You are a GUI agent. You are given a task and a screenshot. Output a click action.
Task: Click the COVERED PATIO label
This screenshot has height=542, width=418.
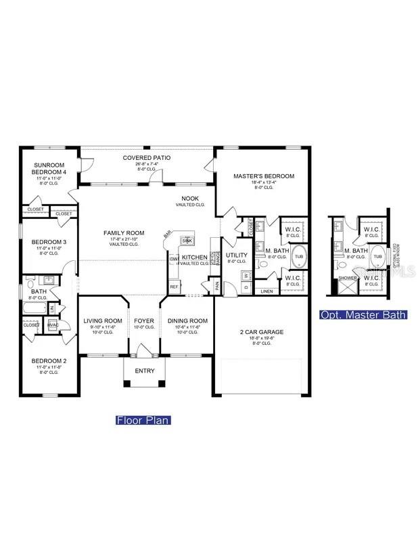147,158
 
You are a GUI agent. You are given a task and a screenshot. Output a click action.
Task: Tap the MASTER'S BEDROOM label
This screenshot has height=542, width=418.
264,176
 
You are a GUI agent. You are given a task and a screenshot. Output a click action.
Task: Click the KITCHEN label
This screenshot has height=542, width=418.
194,257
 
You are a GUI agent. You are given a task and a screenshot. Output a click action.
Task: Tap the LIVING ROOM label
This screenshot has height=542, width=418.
103,321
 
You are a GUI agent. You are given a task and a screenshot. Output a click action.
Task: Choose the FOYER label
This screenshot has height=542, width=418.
143,321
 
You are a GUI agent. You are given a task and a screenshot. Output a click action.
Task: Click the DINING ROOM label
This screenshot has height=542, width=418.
187,321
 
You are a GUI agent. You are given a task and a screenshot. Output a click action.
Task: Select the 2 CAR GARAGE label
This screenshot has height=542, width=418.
261,332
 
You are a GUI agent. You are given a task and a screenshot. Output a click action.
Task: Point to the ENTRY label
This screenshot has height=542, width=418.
144,371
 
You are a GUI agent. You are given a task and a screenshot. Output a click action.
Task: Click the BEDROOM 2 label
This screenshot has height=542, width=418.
49,360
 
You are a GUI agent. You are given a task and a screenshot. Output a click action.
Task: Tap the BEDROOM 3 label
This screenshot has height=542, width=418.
49,242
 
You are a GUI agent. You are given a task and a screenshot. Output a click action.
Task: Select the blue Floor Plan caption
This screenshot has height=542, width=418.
143,420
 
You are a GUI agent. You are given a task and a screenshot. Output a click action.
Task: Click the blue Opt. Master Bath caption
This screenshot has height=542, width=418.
363,314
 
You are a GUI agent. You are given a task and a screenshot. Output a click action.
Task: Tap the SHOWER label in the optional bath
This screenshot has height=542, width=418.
347,278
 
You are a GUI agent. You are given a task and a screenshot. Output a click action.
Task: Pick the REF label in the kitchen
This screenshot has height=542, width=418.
174,287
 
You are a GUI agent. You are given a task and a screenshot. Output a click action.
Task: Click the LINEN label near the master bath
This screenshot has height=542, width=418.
266,291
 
